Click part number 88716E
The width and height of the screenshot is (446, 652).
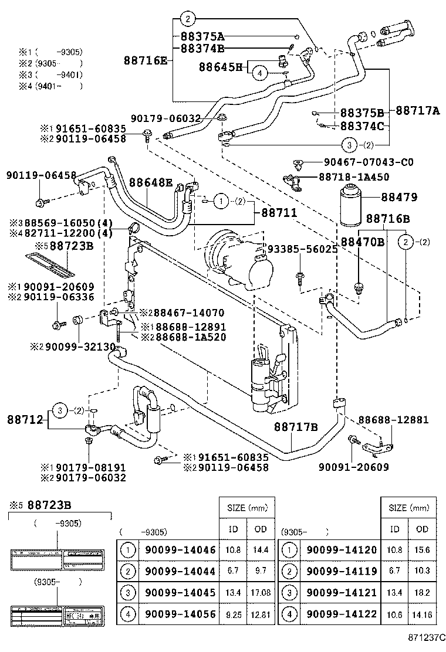(145, 60)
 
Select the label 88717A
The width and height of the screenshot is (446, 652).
(417, 110)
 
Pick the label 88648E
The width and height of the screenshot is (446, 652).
(151, 183)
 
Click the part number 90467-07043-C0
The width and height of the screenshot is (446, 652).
(368, 162)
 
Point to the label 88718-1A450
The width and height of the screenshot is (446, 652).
(362, 176)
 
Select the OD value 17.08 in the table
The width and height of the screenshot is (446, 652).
(261, 593)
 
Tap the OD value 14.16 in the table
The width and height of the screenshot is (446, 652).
(421, 614)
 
